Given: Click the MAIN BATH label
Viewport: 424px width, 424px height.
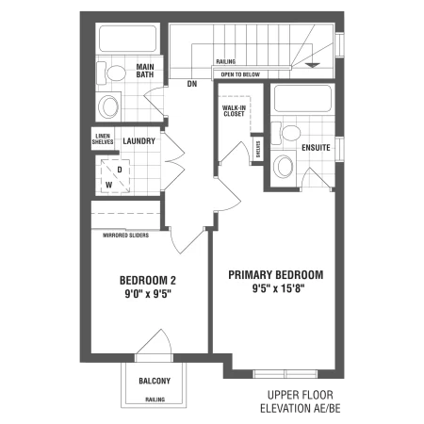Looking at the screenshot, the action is click(145, 71).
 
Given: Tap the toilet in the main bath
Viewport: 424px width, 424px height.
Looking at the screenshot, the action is click(110, 73).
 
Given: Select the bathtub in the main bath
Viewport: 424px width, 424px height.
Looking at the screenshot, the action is click(128, 39).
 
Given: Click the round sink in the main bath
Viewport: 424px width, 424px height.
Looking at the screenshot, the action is click(108, 106).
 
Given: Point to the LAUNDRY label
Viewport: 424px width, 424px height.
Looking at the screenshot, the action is click(139, 141).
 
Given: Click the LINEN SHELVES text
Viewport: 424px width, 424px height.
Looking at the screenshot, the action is click(103, 139).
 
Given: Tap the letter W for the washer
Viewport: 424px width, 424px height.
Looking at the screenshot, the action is click(108, 185).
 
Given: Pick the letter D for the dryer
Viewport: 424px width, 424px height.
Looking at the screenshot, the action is click(120, 170).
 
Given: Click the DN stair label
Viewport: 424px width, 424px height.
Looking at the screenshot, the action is click(192, 84).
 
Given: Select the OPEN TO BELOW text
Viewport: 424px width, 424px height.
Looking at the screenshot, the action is click(240, 74).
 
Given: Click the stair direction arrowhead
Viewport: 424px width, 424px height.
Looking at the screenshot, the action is click(313, 65).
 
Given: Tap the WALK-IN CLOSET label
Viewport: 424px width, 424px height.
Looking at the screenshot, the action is click(234, 111).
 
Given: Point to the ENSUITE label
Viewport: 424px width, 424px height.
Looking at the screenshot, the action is click(316, 148).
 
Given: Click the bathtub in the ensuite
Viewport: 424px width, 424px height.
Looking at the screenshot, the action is click(302, 98).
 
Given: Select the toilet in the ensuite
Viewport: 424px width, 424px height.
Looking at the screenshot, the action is click(285, 133).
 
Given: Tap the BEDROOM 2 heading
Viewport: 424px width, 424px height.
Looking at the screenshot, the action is click(148, 280).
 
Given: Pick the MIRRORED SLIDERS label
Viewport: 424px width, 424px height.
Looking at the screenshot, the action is click(126, 235).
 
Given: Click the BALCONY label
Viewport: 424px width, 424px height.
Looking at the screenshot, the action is click(155, 381).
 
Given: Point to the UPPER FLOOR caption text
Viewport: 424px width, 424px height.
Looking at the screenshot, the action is click(301, 395).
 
